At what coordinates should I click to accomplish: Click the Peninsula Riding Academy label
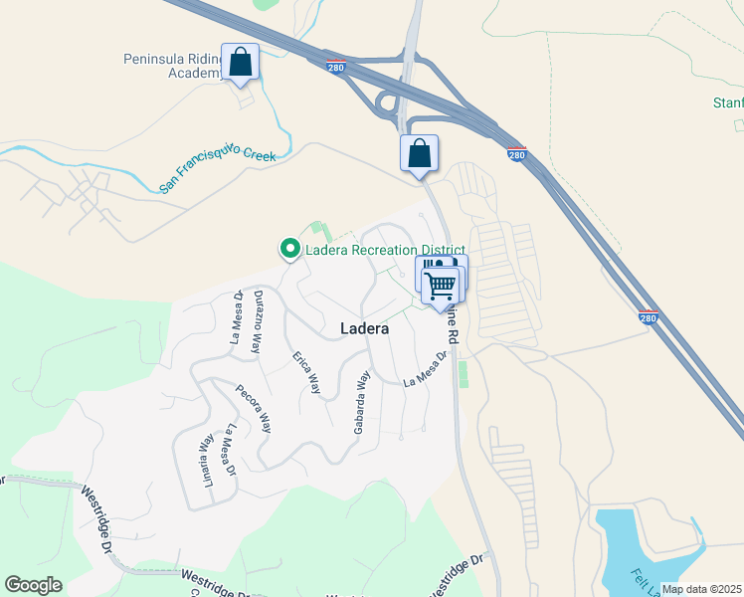(170, 66)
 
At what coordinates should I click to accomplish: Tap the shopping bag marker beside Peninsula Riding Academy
(240, 63)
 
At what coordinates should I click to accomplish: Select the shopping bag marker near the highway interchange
(420, 154)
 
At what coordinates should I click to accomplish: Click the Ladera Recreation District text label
(385, 249)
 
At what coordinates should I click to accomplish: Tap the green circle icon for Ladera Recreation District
(289, 248)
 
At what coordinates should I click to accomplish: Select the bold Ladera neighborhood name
(364, 327)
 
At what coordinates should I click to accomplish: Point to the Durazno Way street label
(257, 322)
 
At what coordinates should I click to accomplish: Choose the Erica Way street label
(306, 372)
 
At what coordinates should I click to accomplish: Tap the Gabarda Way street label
(362, 402)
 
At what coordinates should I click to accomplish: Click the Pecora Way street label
(253, 408)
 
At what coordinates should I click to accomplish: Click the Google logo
(33, 585)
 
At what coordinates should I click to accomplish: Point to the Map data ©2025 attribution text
(700, 589)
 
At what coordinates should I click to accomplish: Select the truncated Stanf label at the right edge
(728, 103)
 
